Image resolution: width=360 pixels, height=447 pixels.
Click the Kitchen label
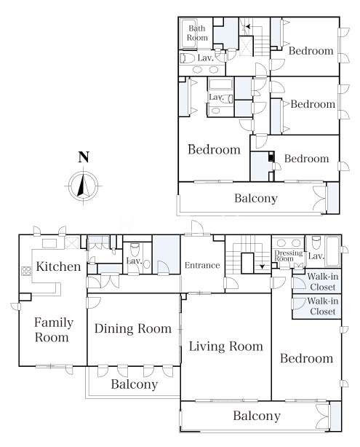click(58, 266)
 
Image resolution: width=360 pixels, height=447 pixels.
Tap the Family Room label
click(54, 330)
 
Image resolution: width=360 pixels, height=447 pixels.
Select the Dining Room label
click(133, 328)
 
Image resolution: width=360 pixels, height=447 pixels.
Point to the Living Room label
click(226, 347)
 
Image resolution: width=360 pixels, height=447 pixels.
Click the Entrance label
click(202, 266)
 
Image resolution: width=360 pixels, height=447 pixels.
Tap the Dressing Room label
click(289, 256)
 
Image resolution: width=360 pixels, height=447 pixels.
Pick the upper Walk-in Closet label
click(323, 282)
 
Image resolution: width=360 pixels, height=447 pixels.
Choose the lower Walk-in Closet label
click(323, 306)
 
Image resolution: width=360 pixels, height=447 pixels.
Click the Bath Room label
click(197, 33)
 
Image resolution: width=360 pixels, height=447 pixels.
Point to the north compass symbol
click(83, 186)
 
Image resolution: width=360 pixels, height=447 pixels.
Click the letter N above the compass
click(84, 157)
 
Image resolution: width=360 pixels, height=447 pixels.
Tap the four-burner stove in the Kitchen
click(26, 271)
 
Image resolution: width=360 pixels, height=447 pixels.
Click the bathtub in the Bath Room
click(188, 33)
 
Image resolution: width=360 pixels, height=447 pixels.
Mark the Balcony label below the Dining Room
click(135, 384)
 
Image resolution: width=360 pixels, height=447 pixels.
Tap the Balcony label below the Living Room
click(257, 416)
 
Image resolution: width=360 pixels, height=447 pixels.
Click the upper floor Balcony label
click(256, 198)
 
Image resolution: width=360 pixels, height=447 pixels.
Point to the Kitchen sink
click(49, 243)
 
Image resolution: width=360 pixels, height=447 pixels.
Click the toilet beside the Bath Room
click(188, 58)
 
